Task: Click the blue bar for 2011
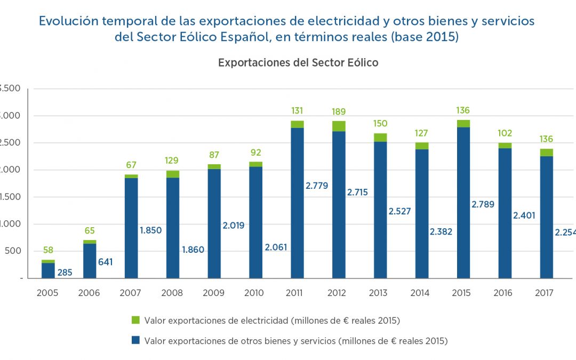coord(297,203)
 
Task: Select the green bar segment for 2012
coord(339,126)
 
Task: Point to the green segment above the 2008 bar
coord(173,174)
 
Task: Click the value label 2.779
coord(317,186)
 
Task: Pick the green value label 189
coord(339,111)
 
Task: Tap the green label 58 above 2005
coord(48,250)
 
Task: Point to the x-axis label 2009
coord(214,293)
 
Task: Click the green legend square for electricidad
coord(135,320)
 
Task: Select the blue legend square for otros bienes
coord(135,340)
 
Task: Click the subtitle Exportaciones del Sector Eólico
coord(298,62)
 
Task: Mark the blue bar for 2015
coord(463,203)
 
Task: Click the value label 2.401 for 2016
coord(525,215)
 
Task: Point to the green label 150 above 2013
coord(380,124)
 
